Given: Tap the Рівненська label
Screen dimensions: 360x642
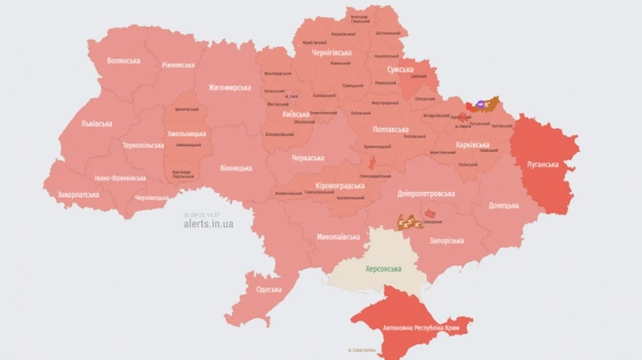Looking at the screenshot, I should click(178, 65).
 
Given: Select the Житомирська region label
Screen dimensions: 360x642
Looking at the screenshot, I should click(229, 88).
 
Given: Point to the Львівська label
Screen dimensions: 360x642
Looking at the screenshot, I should click(96, 123).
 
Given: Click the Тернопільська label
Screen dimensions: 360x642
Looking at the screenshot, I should click(143, 145).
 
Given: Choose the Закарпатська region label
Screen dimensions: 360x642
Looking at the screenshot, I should click(78, 194).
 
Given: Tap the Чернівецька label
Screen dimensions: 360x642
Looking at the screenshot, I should click(152, 197).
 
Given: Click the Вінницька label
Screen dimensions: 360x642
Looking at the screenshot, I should click(236, 168).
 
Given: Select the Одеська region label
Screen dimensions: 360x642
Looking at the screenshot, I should click(268, 289).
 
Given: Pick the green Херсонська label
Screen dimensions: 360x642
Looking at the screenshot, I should click(383, 269).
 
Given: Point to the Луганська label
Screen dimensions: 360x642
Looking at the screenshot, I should click(542, 163).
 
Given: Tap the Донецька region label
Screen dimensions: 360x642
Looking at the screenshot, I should click(503, 205).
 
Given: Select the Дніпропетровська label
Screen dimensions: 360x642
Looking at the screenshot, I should click(426, 193).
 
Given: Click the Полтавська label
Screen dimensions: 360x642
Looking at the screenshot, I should click(390, 130).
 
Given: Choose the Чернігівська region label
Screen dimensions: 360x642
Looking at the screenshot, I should click(332, 53).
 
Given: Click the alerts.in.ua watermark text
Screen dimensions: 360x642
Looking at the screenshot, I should click(208, 224).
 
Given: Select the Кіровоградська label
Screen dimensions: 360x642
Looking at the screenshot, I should click(340, 186).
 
